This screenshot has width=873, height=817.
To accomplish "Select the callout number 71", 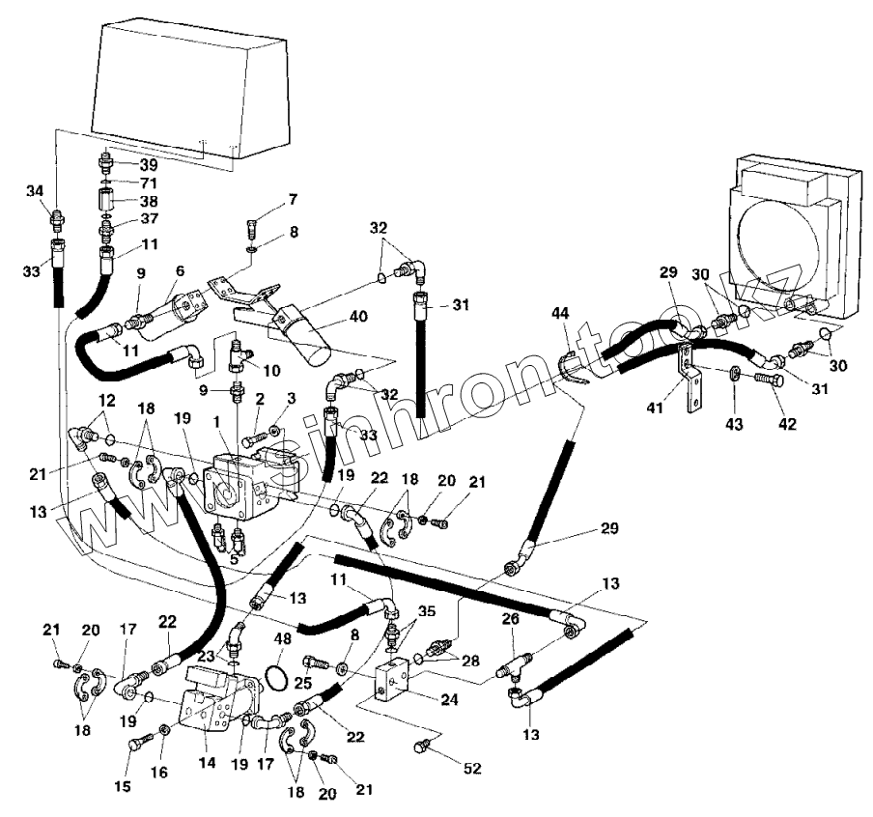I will [148, 183].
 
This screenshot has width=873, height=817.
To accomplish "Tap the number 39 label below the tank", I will [148, 164].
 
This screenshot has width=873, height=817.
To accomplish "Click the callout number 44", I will [562, 315].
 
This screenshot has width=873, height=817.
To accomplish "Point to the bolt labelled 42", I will [763, 381].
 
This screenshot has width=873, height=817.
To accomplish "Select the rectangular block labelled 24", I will [398, 681].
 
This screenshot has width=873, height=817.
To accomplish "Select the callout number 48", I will [283, 638].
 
